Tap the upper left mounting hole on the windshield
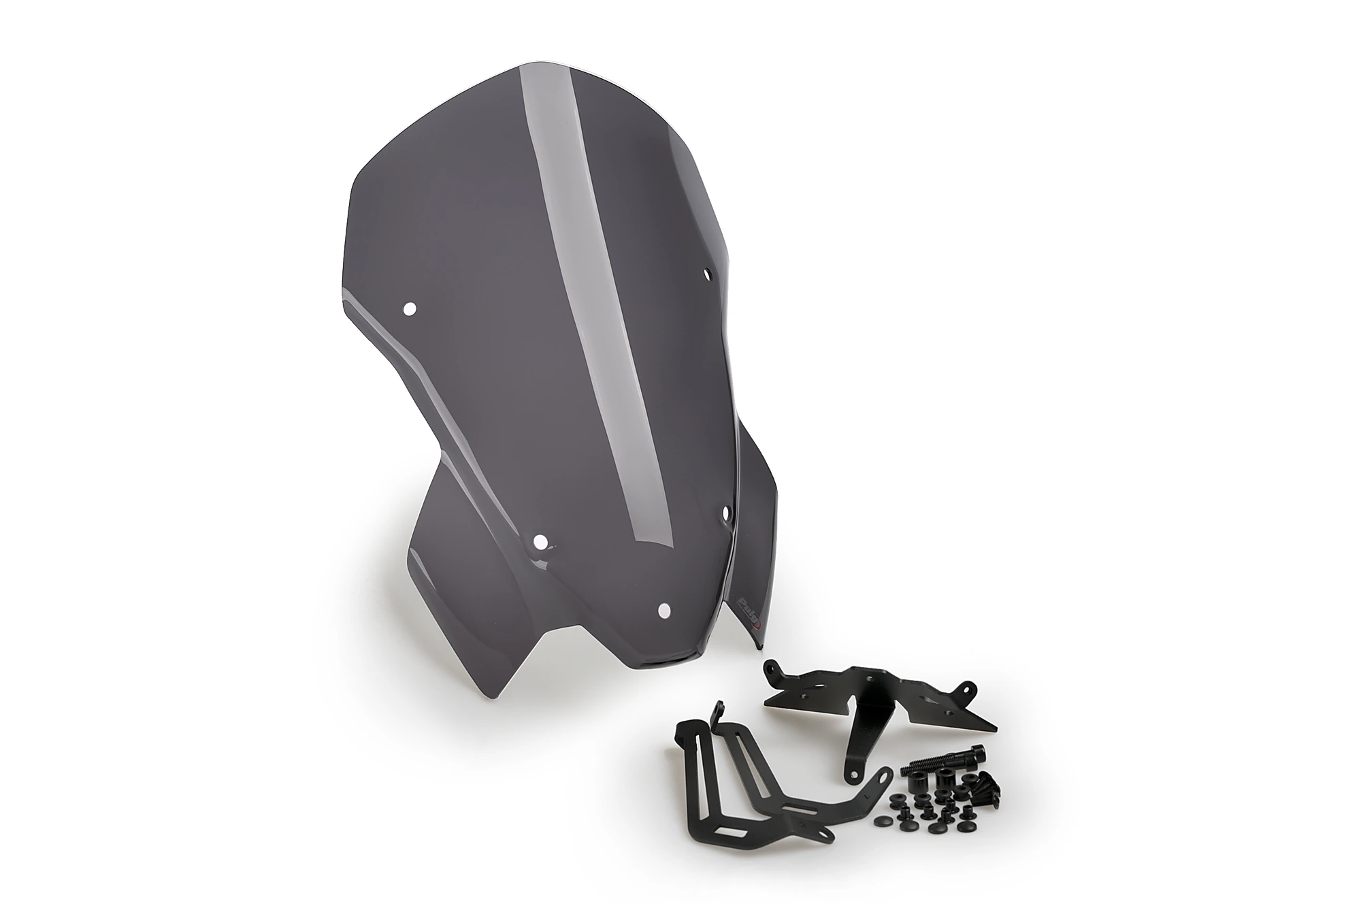pos(409,308)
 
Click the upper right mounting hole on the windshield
pos(708,275)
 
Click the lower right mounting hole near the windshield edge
pos(727,510)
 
